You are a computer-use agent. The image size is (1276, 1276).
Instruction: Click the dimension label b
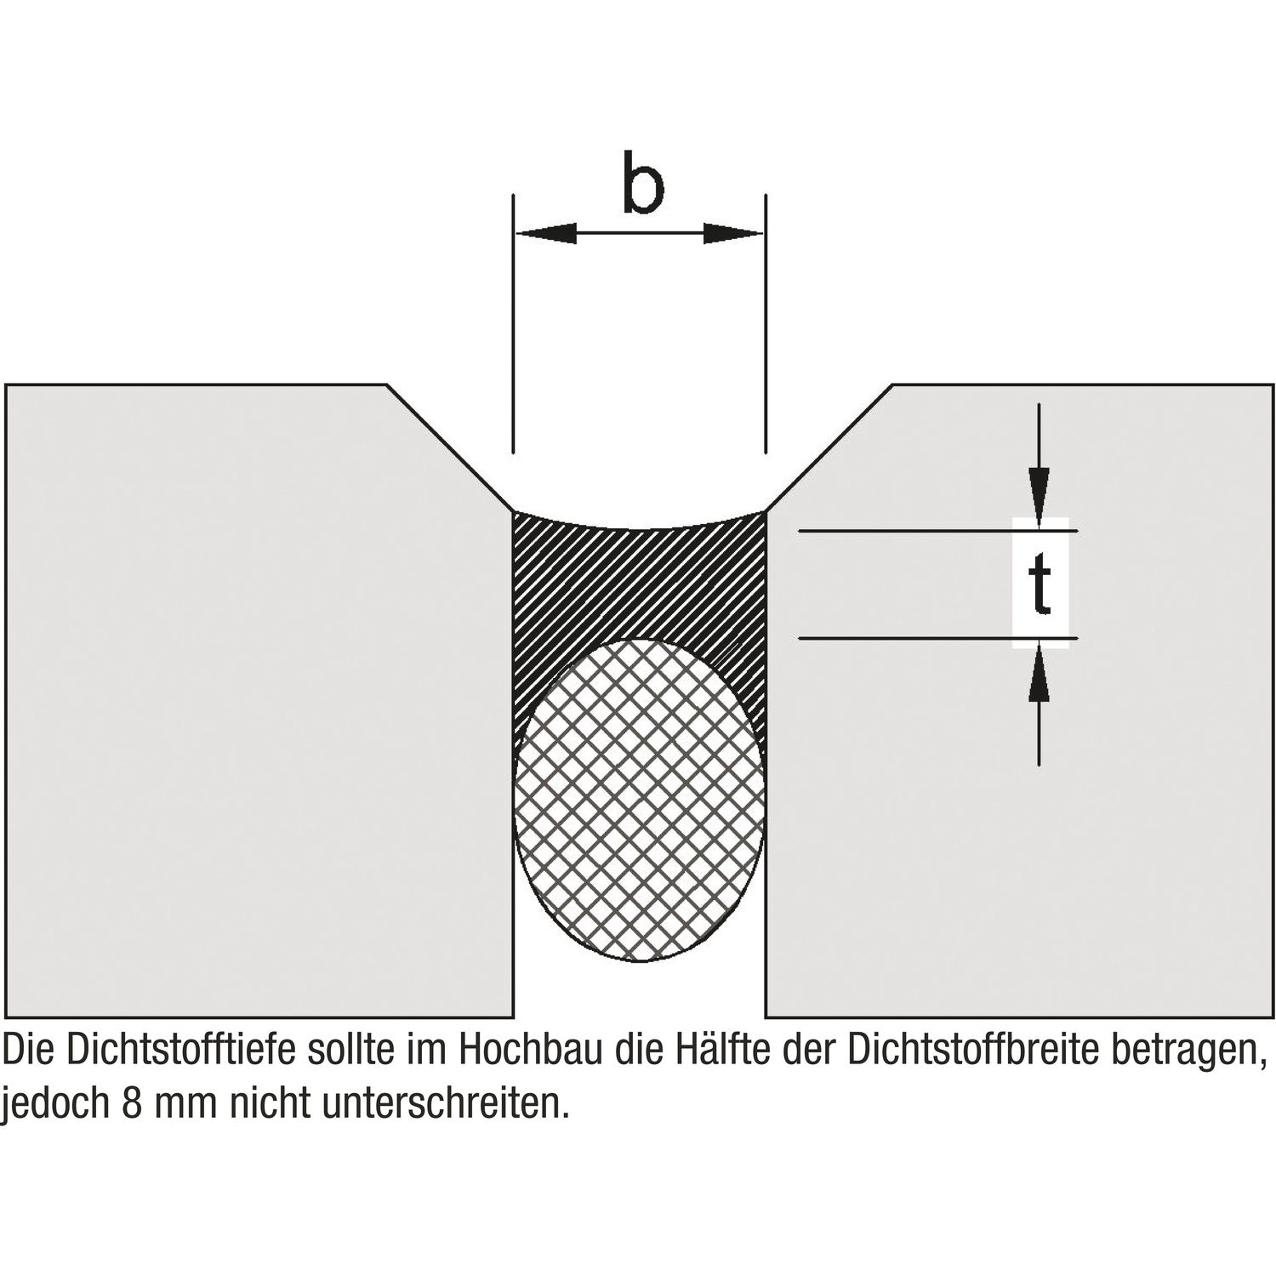[x=642, y=184]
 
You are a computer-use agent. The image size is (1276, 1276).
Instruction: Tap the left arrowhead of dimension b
[x=546, y=233]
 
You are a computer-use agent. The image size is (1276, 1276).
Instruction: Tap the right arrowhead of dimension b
[x=733, y=233]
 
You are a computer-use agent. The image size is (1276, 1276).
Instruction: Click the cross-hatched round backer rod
[x=641, y=800]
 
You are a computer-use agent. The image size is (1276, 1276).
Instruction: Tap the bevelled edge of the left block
[x=451, y=447]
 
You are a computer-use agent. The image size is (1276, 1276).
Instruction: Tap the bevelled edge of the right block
[x=829, y=447]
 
